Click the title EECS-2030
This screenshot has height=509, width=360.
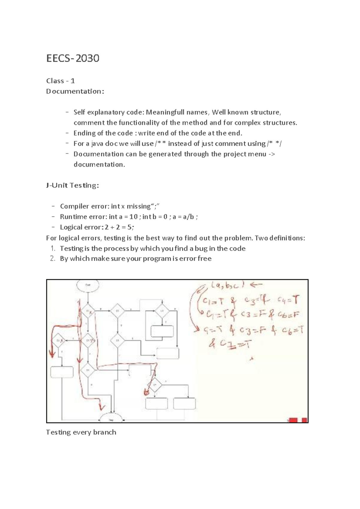(x=73, y=58)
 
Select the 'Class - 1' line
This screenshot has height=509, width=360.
(x=60, y=81)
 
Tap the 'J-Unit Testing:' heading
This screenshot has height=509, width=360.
(x=72, y=186)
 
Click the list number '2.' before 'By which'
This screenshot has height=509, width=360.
(x=53, y=259)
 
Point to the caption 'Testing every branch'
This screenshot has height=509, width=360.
(x=81, y=432)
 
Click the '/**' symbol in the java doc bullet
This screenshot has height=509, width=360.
(x=160, y=144)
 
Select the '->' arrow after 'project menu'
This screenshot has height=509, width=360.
(x=272, y=154)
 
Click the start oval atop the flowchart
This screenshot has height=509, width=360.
(x=88, y=285)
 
